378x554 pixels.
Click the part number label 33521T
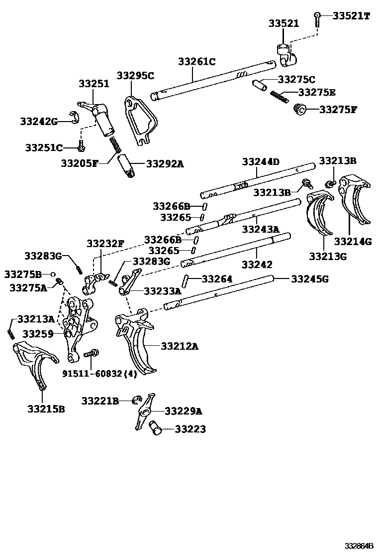tap(351, 16)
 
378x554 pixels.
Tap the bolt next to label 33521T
tap(317, 18)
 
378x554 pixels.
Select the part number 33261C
tap(196, 62)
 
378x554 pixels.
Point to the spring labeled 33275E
tap(279, 96)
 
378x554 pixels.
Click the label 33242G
tap(39, 121)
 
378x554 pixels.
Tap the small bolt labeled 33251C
tap(81, 147)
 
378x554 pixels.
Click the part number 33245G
tap(309, 279)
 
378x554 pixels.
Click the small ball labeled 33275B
tap(52, 274)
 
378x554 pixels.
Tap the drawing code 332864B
tap(360, 546)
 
